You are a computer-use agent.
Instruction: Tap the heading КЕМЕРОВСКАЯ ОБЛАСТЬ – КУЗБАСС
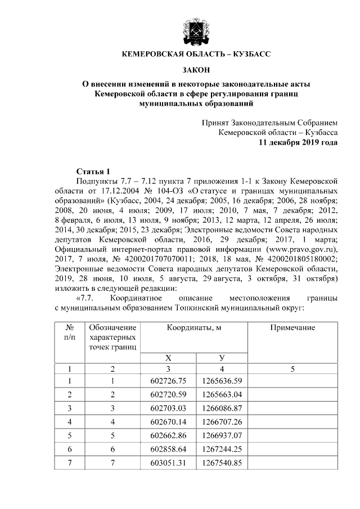tap(196, 54)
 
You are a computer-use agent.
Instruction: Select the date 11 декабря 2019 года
tap(298, 143)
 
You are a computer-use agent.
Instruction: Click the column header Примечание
tap(292, 328)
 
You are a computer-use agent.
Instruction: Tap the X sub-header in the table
tap(168, 358)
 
